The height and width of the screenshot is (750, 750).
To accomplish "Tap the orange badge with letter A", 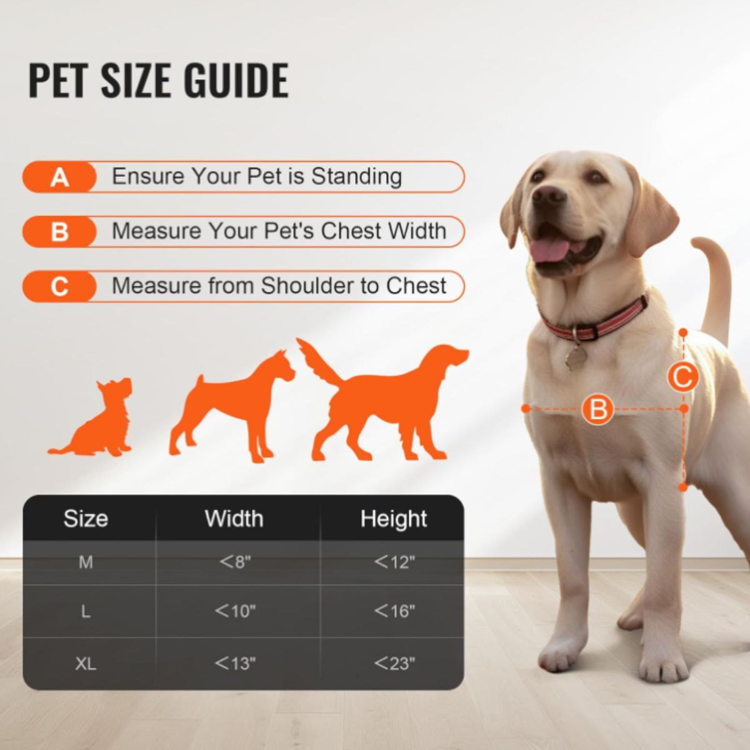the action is click(59, 177).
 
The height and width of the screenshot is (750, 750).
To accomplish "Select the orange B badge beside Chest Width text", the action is click(59, 232).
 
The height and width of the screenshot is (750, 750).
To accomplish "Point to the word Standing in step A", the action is click(356, 177).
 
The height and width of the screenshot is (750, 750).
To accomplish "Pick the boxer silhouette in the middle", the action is click(232, 406).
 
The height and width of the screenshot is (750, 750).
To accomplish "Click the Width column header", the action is click(234, 519).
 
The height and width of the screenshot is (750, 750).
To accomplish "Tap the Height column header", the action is click(394, 519).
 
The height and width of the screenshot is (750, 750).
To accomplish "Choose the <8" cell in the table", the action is click(235, 562).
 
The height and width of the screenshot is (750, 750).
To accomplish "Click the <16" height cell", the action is click(394, 611).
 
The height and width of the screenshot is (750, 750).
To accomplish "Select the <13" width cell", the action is click(235, 663).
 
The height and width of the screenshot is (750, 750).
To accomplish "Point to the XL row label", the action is click(86, 664).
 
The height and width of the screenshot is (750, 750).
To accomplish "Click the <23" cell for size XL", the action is click(394, 663).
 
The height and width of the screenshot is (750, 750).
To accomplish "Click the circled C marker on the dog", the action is click(682, 377).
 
